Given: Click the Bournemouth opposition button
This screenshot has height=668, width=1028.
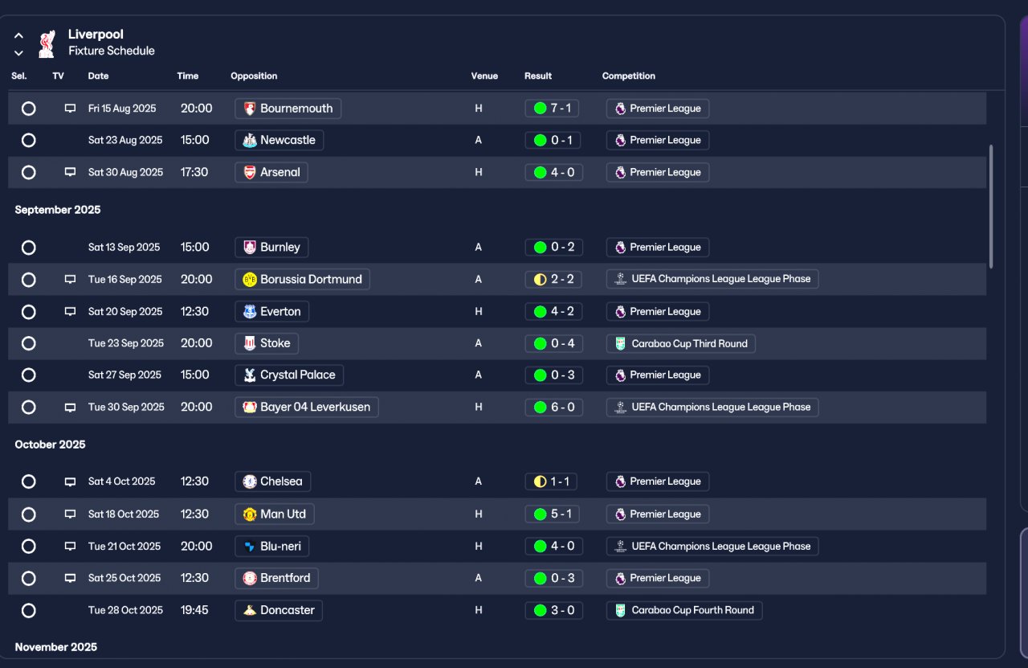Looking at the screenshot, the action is (x=288, y=109).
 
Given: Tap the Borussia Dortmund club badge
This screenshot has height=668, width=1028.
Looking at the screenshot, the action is (x=250, y=279).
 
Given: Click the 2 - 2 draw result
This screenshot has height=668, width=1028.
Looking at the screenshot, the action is (x=553, y=279).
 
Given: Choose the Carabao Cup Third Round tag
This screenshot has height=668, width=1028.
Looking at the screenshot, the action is (x=680, y=344).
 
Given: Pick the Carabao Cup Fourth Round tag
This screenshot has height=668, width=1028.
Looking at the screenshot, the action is (x=684, y=611).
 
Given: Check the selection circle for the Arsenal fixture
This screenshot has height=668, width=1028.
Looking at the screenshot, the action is (x=28, y=172).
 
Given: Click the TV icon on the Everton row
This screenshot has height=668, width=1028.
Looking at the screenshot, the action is (x=70, y=311).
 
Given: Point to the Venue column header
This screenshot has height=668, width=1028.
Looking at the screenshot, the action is (x=484, y=76).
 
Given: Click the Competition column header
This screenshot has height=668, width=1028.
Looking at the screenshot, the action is (x=628, y=76).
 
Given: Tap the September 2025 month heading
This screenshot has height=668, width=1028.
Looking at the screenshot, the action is (x=58, y=210).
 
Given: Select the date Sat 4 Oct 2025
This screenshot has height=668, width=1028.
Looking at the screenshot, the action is (x=121, y=482).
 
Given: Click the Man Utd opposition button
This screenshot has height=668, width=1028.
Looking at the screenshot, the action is (x=275, y=514).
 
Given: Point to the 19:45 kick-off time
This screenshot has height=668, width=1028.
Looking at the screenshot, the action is (x=194, y=610).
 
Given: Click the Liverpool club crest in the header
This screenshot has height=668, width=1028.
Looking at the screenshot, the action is (x=47, y=43).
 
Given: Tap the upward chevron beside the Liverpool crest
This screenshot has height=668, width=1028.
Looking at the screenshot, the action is (x=18, y=35).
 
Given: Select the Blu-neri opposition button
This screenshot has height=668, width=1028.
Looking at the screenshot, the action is (x=271, y=547).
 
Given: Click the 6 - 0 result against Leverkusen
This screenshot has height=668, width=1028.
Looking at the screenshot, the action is (x=554, y=407).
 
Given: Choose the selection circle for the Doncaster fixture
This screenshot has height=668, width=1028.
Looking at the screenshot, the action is (x=28, y=611).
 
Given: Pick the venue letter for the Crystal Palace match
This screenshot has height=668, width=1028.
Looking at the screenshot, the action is (x=478, y=375).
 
